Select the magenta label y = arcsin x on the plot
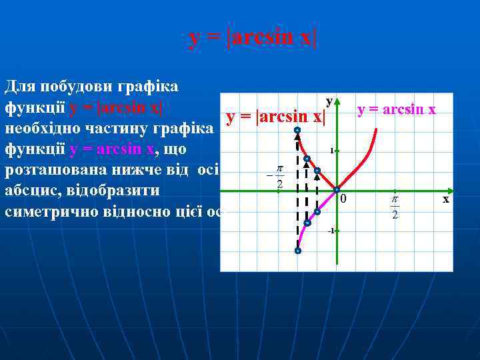click(397, 109)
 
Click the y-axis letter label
click(329, 101)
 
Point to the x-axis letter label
click(447, 199)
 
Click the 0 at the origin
click(343, 199)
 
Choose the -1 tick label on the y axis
click(330, 231)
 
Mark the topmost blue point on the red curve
click(297, 130)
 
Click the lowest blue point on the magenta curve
click(297, 251)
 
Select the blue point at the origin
click(337, 190)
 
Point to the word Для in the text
click(20, 87)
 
